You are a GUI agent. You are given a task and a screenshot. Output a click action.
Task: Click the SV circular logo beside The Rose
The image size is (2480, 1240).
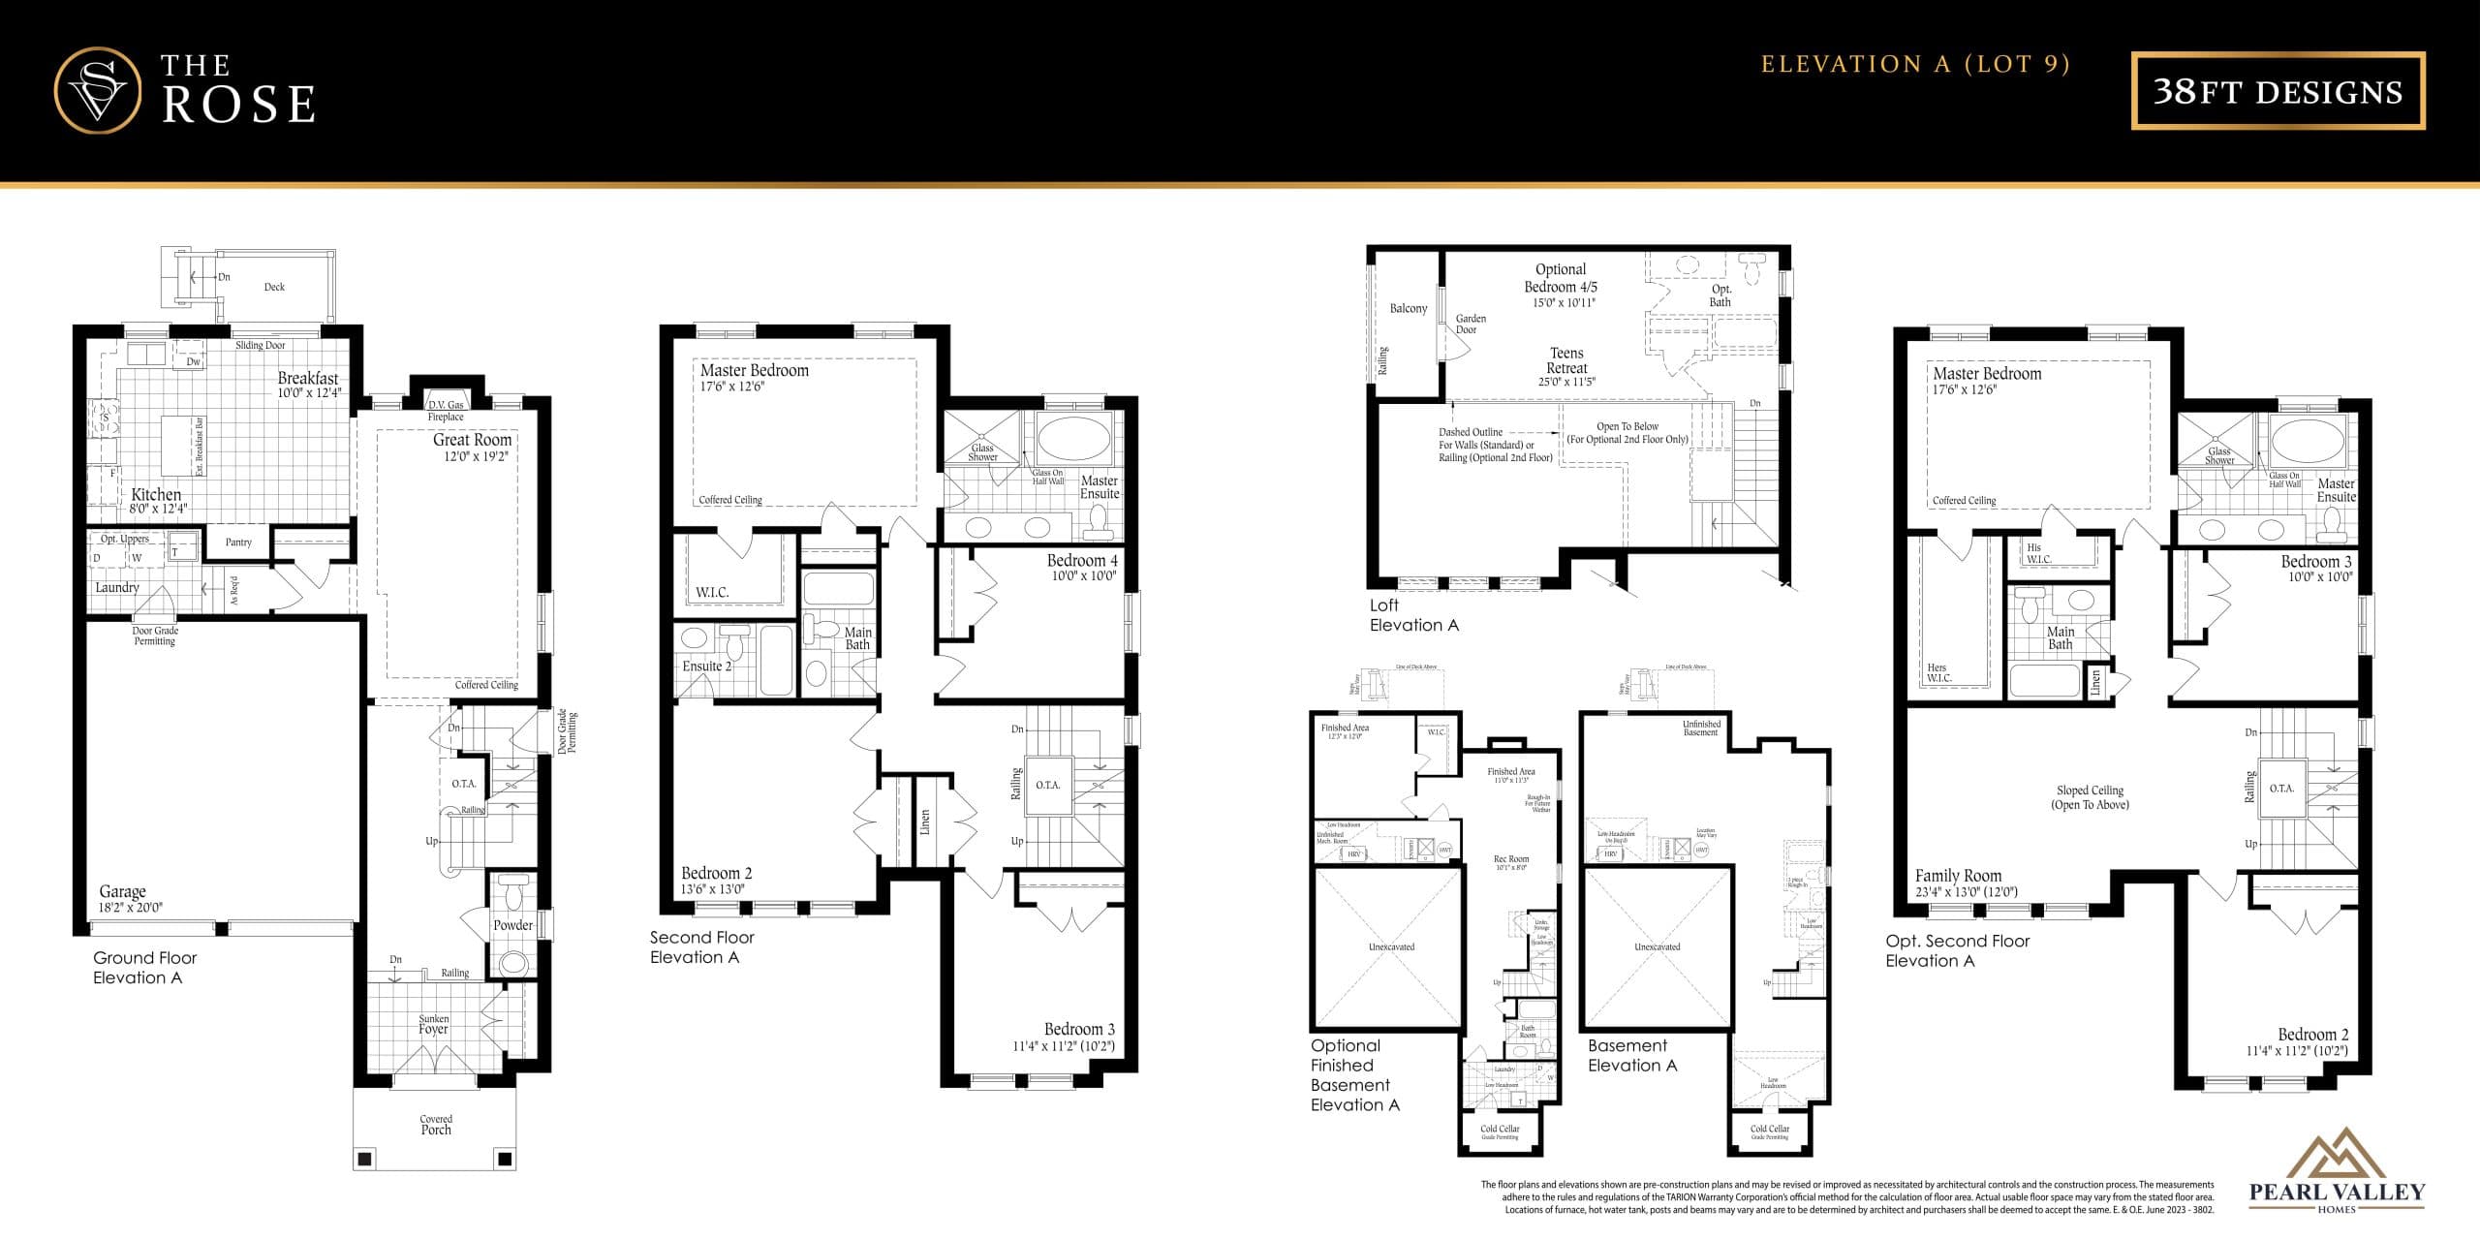[97, 90]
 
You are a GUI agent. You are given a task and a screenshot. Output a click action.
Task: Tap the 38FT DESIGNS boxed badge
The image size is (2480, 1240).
[2278, 91]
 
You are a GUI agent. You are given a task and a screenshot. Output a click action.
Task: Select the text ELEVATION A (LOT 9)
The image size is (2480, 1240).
[1915, 65]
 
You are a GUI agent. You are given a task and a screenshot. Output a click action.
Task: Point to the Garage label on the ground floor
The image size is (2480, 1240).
[123, 891]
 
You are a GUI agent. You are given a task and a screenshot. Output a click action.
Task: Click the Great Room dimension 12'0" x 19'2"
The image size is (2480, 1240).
[476, 456]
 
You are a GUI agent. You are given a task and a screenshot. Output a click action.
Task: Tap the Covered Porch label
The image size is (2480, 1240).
[436, 1125]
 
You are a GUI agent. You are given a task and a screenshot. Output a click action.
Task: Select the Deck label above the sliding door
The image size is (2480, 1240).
[274, 287]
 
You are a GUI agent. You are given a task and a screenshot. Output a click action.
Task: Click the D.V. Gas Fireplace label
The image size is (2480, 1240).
[446, 411]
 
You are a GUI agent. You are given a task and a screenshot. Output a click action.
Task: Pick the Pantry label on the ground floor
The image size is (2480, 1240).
[238, 542]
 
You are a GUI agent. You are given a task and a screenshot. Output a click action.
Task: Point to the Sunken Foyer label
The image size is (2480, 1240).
[433, 1024]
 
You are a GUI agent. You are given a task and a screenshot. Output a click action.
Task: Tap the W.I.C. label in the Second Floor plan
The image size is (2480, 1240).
[712, 592]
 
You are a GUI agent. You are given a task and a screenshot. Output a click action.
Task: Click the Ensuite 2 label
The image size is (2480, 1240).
[706, 666]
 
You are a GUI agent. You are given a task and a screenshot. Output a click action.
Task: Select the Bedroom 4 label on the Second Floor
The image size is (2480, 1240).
[1081, 561]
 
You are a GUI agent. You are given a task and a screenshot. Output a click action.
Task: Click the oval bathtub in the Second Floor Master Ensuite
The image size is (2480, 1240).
[1073, 438]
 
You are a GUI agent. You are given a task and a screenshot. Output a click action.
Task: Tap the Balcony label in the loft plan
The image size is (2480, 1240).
[1408, 309]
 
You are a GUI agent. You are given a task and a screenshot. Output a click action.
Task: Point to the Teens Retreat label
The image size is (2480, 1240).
[1566, 360]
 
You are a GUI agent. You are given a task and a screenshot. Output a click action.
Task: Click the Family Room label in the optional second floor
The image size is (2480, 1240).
[1958, 876]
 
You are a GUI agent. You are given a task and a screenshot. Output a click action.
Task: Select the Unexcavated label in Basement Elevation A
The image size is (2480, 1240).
[1657, 946]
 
